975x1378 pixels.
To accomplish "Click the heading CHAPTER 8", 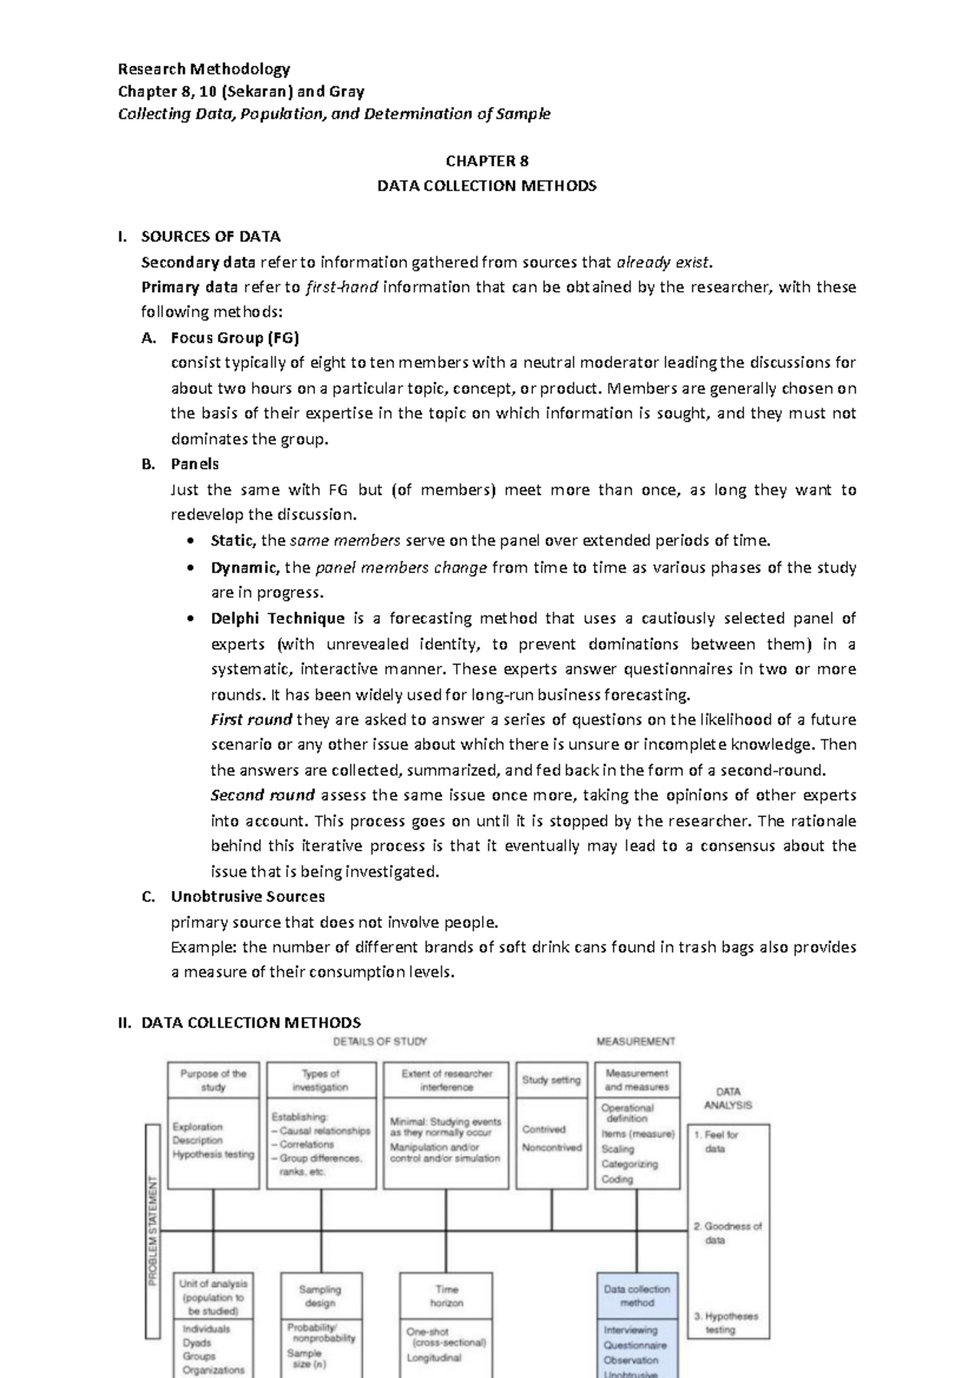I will (487, 161).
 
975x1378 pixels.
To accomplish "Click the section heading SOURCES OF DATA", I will (210, 236).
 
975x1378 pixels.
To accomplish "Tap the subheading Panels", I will (195, 464).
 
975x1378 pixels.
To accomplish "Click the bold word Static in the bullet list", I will (232, 540).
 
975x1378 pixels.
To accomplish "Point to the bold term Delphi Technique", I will (278, 618).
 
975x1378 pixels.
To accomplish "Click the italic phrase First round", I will (251, 719).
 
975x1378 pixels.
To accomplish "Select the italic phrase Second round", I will (262, 795).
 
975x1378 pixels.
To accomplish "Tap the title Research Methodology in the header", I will (204, 68).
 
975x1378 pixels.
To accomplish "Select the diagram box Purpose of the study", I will (213, 1080).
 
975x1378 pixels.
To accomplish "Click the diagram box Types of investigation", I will (320, 1080).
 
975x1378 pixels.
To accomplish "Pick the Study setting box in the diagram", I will (551, 1080).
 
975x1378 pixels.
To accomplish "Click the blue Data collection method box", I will (636, 1295).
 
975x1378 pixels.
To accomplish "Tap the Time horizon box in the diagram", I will (446, 1295).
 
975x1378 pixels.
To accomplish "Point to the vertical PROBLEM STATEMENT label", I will (152, 1231).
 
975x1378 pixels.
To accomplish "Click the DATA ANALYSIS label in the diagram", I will (727, 1098).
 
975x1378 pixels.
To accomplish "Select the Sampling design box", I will (320, 1295).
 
